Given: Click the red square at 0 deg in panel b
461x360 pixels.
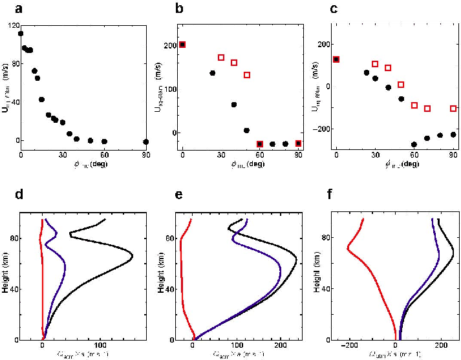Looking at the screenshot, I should pyautogui.click(x=182, y=45).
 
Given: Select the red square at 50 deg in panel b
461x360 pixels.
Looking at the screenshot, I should pyautogui.click(x=247, y=75).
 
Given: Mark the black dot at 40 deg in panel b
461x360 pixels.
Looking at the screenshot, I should pyautogui.click(x=234, y=105).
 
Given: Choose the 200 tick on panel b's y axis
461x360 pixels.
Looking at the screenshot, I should pyautogui.click(x=169, y=45).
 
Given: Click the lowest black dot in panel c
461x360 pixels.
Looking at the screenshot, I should pyautogui.click(x=414, y=145).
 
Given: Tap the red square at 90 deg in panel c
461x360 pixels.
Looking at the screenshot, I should pyautogui.click(x=453, y=109).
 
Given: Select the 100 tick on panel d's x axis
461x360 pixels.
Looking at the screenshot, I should pyautogui.click(x=100, y=346).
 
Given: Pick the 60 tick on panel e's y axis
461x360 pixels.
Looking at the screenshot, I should pyautogui.click(x=173, y=238).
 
